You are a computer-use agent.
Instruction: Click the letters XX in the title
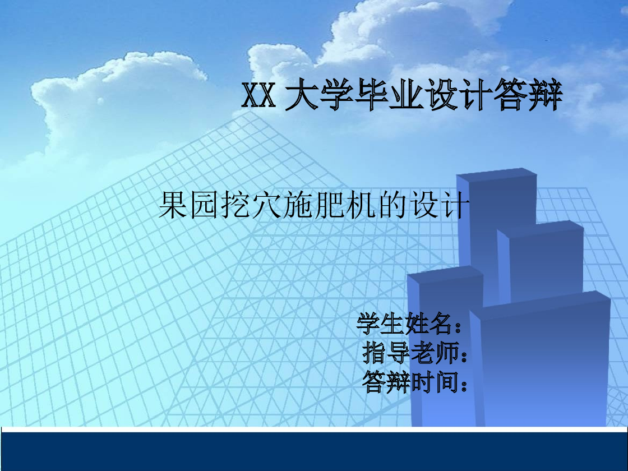pos(258,96)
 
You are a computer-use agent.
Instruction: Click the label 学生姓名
pos(404,324)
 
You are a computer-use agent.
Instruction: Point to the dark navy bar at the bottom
pos(314,452)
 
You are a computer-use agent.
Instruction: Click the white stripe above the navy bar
pos(314,430)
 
